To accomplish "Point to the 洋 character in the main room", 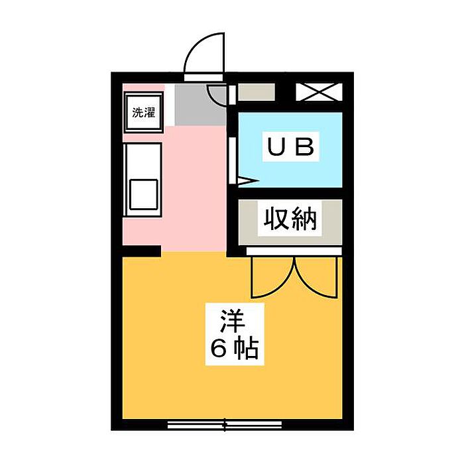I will click(233, 321).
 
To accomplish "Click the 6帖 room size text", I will click(234, 348).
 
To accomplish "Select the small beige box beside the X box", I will click(257, 92).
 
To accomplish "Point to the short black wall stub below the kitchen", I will click(141, 251).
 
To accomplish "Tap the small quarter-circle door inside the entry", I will click(217, 95).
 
